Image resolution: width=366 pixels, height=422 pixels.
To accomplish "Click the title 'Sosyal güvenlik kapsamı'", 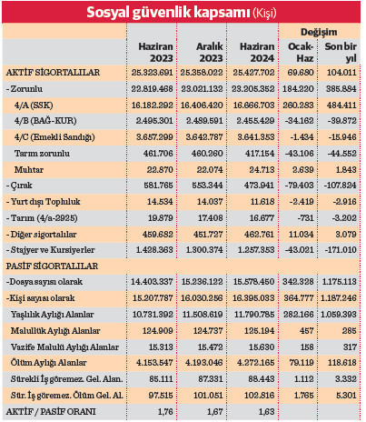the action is pos(167,12).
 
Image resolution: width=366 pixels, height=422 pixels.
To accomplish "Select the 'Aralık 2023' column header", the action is pos(209,52).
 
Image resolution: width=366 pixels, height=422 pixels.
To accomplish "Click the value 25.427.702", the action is pos(261,70).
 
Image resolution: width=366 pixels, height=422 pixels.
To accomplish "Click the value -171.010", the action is pos(339,247).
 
